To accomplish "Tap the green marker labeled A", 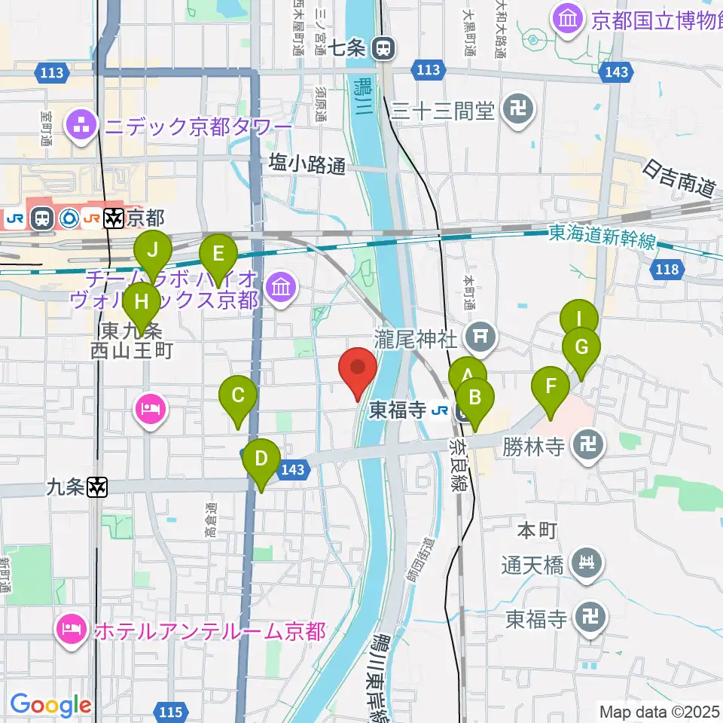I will (466, 375).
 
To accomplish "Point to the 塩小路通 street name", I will (307, 165).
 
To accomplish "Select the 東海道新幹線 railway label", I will (602, 240).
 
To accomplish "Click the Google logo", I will (50, 706).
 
